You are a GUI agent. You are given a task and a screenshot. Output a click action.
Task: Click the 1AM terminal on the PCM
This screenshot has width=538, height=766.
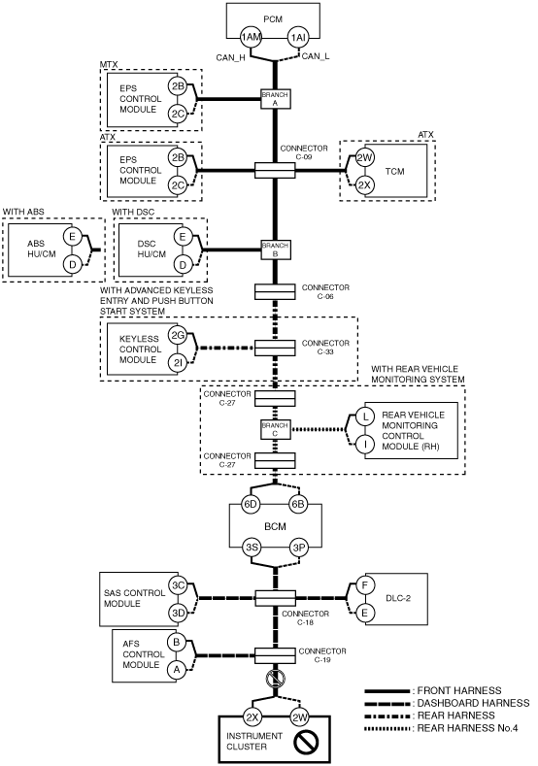[x=251, y=37]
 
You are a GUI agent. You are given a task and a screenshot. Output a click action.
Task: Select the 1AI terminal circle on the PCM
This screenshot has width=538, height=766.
[x=298, y=37]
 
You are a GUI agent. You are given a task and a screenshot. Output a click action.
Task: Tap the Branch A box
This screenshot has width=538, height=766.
[x=275, y=99]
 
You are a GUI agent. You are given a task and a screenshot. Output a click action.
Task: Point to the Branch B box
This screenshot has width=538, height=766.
[x=275, y=250]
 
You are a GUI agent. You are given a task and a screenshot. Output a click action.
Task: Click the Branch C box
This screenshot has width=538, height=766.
[x=275, y=429]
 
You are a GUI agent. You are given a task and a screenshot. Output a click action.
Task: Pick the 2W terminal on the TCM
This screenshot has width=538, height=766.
[x=364, y=157]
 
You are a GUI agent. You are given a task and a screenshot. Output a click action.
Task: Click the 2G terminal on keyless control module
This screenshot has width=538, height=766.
[x=178, y=336]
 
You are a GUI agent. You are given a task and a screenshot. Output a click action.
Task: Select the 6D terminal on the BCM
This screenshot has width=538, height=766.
[x=252, y=505]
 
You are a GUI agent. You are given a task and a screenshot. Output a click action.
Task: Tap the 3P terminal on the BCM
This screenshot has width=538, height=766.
[x=298, y=548]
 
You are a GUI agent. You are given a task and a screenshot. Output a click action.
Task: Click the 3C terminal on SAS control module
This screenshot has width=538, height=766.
[x=179, y=584]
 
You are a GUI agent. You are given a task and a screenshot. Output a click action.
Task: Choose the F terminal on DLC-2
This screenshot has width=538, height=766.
[x=364, y=584]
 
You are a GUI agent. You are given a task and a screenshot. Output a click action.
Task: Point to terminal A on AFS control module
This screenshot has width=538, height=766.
[x=177, y=670]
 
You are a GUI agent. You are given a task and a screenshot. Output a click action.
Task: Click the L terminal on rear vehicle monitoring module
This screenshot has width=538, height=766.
[x=364, y=416]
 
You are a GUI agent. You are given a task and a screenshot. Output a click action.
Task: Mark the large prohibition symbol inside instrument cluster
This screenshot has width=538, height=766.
[x=306, y=742]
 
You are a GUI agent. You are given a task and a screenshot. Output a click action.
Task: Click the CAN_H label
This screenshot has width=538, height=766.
[x=231, y=57]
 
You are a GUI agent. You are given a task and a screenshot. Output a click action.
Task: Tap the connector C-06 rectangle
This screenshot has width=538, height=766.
[x=275, y=291]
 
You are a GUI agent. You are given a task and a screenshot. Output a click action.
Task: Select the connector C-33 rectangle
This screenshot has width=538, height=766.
[x=275, y=348]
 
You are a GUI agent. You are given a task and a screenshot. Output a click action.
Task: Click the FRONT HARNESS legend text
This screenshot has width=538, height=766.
[x=458, y=691]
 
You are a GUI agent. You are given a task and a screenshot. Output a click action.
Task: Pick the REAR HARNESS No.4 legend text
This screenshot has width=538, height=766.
[x=467, y=728]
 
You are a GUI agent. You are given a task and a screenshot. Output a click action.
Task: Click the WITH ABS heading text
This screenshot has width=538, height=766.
[x=23, y=212]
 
